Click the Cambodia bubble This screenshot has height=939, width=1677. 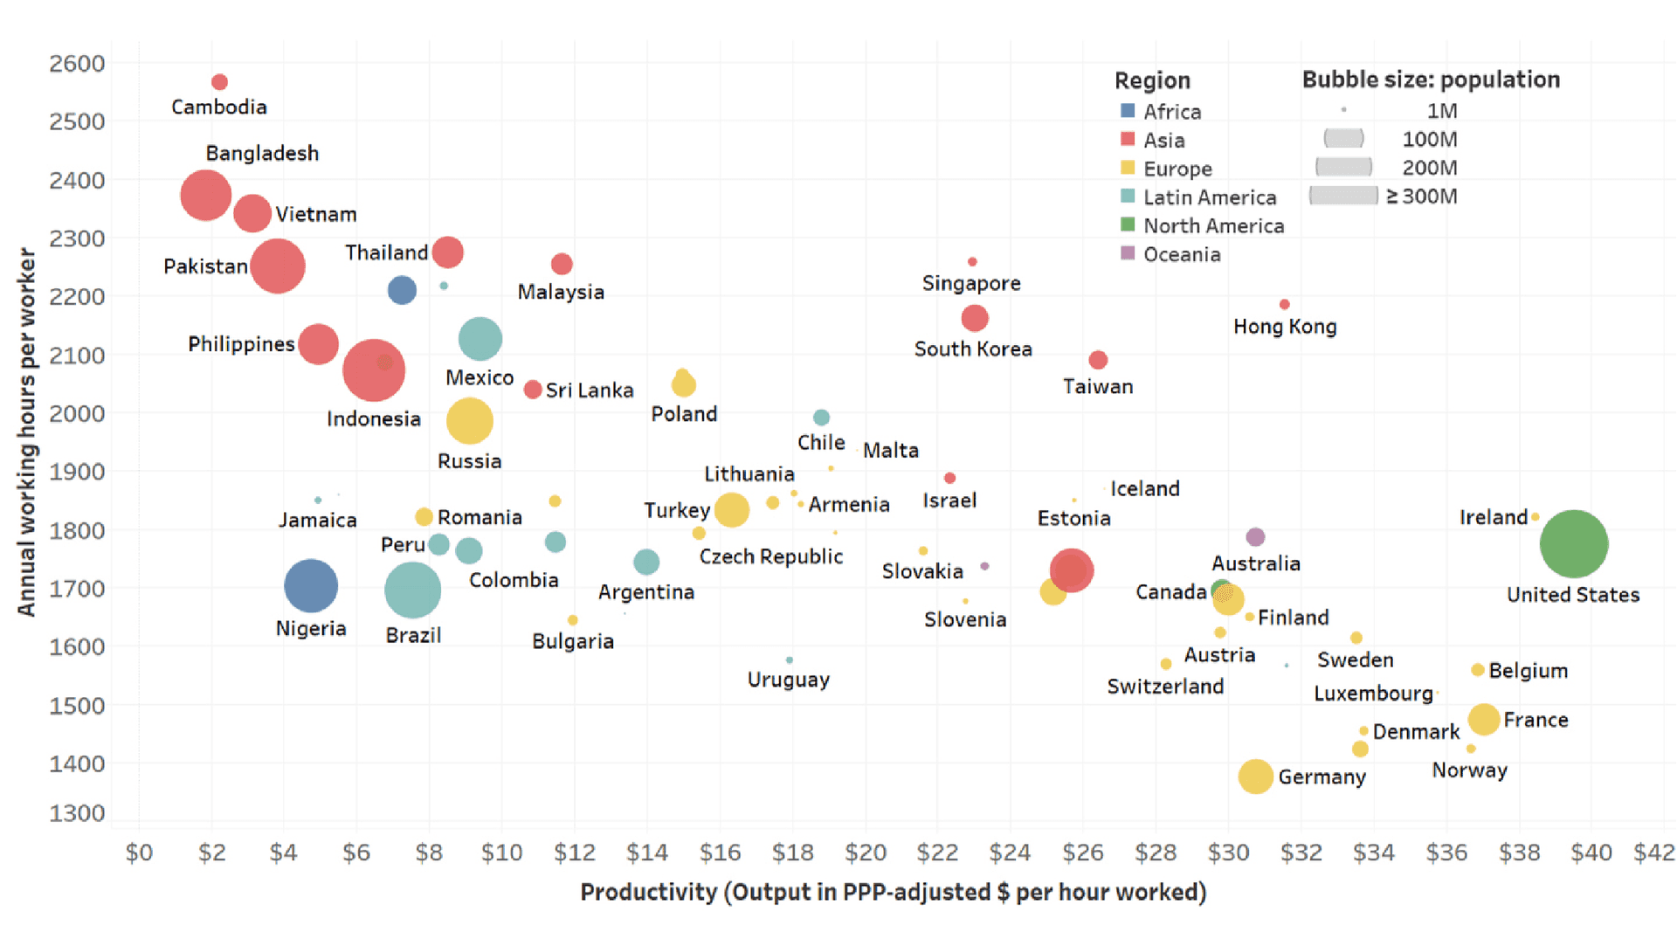[219, 82]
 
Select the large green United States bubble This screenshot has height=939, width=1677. [1573, 544]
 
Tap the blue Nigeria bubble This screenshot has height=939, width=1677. [310, 585]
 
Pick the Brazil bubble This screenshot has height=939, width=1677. [412, 590]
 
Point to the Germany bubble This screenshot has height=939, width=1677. [1255, 776]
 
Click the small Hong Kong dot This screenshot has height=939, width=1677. [1284, 305]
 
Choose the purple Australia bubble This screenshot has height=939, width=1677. [1255, 536]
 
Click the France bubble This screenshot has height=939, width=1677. [1483, 720]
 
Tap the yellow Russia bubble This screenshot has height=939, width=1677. [469, 421]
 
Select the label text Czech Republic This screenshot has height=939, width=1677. [770, 556]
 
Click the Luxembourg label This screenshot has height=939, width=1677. [1373, 694]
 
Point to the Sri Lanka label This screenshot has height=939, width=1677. [590, 390]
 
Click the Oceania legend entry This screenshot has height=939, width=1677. [1181, 254]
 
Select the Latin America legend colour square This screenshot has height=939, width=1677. [1128, 197]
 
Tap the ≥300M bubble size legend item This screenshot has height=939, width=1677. [1343, 196]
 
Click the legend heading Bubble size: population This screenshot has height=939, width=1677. [1430, 79]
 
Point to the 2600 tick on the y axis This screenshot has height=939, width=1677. [77, 64]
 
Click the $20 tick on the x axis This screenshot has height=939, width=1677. [865, 852]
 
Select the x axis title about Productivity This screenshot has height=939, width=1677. [893, 892]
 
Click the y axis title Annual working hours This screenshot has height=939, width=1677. [27, 432]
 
